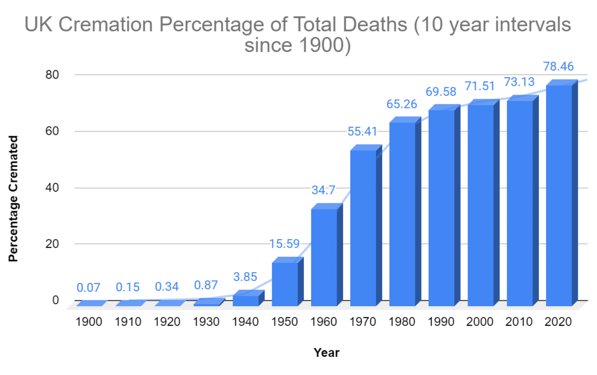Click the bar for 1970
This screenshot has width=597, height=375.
pos(363,228)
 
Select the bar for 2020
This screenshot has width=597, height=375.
pos(559,196)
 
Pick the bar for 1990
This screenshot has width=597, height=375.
pos(442,207)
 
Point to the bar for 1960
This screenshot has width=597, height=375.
pos(324,257)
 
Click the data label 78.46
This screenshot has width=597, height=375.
pos(558,67)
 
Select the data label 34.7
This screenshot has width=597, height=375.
pos(324,190)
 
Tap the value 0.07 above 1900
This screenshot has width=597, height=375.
pos(89,288)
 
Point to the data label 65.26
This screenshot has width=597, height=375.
pos(402,104)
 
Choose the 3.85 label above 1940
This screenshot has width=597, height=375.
pos(245,276)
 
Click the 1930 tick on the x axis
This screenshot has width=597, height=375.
pos(206,322)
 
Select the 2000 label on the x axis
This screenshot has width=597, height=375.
pos(480,322)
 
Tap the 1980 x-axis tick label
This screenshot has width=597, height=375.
pos(402,322)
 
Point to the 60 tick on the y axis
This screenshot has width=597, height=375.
pos(53,131)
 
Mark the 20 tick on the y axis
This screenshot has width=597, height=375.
pos(53,243)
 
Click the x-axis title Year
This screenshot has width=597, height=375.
pos(326,353)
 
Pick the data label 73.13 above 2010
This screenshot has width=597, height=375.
pos(519,82)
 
